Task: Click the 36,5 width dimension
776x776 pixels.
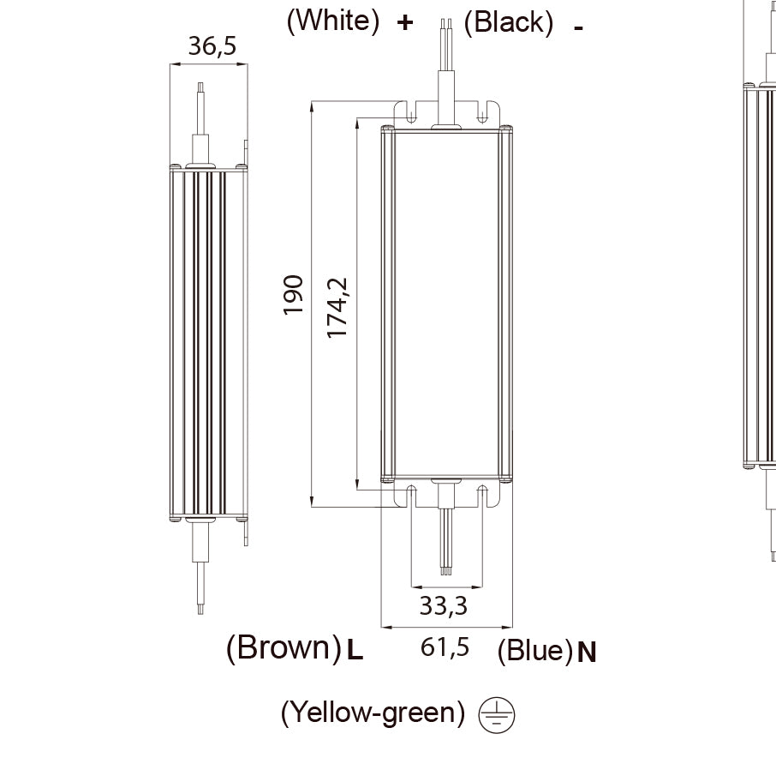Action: pyautogui.click(x=212, y=46)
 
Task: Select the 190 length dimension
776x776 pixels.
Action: pyautogui.click(x=293, y=295)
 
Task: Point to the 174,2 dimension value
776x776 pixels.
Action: pyautogui.click(x=337, y=308)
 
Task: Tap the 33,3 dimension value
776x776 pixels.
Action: pyautogui.click(x=444, y=605)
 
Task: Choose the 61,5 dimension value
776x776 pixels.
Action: pyautogui.click(x=445, y=647)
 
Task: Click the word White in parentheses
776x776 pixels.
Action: pyautogui.click(x=333, y=21)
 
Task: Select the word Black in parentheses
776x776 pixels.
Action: pyautogui.click(x=509, y=23)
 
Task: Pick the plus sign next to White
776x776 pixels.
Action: pyautogui.click(x=405, y=22)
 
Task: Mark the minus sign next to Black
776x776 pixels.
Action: pyautogui.click(x=578, y=28)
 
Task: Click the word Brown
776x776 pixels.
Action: pyautogui.click(x=284, y=647)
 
